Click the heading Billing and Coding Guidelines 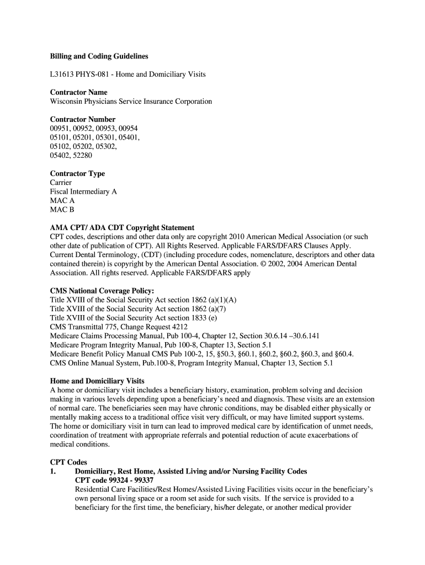pos(99,56)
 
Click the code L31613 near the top pos(62,74)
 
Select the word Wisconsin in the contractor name pos(67,102)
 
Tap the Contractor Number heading pos(83,119)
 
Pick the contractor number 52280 pos(88,156)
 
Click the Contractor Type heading pos(77,173)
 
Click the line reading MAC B pos(62,210)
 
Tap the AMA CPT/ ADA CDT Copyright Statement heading pos(122,227)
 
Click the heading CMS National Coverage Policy pos(102,291)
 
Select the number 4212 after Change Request pos(182,327)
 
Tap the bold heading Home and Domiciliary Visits pos(97,381)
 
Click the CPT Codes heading pos(68,462)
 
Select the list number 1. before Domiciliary pos(53,471)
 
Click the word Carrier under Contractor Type pos(61,183)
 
